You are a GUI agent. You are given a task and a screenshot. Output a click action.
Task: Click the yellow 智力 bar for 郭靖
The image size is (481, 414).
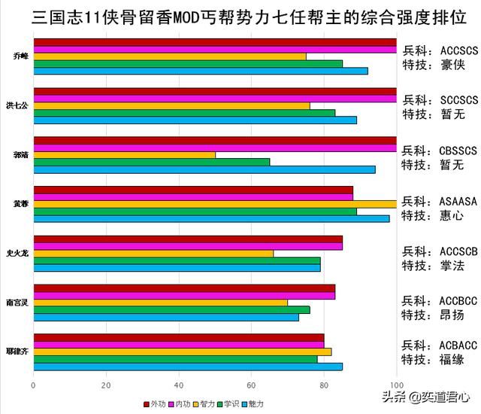[125, 154]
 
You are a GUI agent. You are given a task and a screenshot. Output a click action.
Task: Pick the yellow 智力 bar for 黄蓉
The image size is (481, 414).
[215, 203]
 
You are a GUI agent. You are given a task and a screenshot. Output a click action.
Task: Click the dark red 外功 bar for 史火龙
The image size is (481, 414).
[188, 239]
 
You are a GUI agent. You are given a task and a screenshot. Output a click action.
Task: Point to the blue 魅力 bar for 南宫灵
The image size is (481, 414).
[166, 317]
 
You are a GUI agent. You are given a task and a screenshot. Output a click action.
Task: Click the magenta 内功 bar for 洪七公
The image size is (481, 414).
[215, 99]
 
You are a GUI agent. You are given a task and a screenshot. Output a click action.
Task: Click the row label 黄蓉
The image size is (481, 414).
[20, 203]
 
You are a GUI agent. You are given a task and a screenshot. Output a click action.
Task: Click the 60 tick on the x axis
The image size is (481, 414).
[251, 386]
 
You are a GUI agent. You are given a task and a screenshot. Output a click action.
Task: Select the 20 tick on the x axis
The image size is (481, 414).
[106, 386]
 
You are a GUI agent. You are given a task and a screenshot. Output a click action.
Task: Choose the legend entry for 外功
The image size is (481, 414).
[154, 404]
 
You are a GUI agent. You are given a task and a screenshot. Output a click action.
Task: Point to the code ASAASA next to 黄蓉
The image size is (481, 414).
[458, 201]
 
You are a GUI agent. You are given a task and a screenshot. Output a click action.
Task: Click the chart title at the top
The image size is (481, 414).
[240, 16]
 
